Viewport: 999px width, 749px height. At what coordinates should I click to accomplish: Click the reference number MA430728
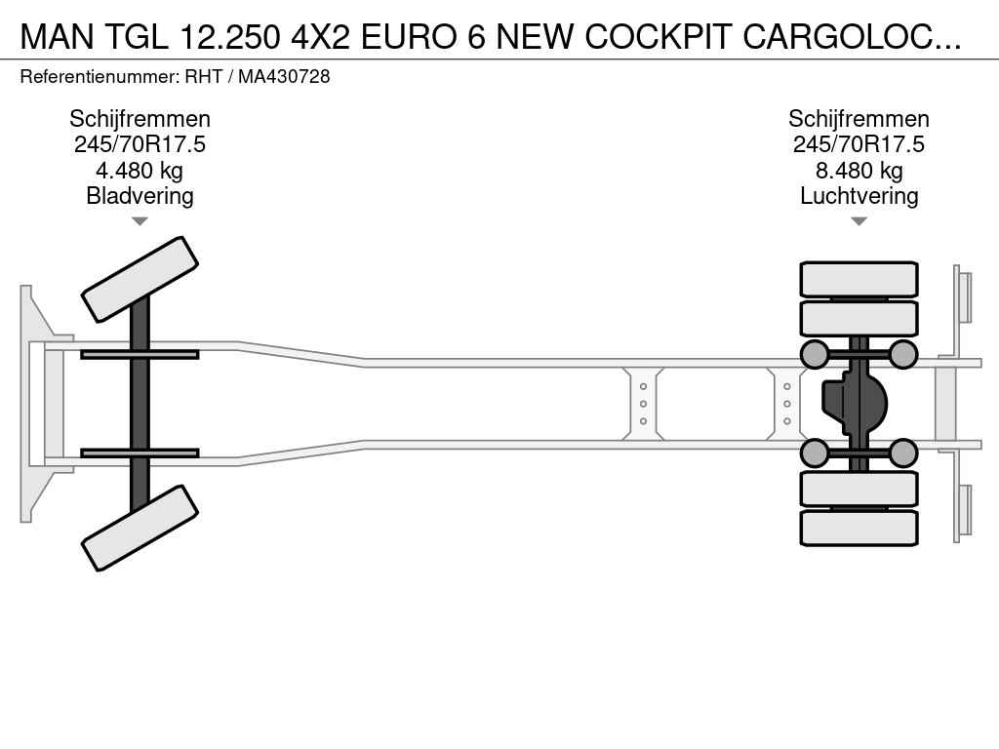[284, 76]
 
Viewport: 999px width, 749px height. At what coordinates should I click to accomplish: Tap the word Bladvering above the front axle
[140, 195]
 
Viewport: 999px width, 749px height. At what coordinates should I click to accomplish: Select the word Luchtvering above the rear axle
[859, 195]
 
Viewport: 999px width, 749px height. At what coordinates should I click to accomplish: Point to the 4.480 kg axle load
[140, 170]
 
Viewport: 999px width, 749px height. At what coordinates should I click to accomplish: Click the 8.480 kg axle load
[859, 170]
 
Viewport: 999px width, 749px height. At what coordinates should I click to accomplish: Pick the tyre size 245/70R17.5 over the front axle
[140, 144]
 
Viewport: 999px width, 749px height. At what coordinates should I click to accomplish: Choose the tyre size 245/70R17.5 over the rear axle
[859, 144]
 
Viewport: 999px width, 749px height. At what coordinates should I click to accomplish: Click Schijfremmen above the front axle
[140, 118]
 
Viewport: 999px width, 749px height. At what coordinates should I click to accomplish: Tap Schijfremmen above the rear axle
[859, 118]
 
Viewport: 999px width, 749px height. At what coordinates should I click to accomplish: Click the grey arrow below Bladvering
[140, 221]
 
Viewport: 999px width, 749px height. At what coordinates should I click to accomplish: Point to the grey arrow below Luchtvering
[859, 221]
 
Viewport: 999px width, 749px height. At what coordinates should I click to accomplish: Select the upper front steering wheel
[140, 279]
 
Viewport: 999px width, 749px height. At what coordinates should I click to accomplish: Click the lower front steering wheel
[140, 528]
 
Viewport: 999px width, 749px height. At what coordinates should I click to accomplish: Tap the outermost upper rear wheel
[859, 279]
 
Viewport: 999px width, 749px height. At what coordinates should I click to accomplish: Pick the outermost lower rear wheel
[859, 528]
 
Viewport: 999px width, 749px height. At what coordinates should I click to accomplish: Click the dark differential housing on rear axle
[854, 404]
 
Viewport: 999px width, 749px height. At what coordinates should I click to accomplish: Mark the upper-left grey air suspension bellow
[815, 355]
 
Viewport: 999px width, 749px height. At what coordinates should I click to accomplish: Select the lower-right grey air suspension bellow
[902, 453]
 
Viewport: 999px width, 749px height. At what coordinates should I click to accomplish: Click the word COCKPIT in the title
[658, 37]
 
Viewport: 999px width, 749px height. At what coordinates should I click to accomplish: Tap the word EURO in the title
[409, 37]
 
